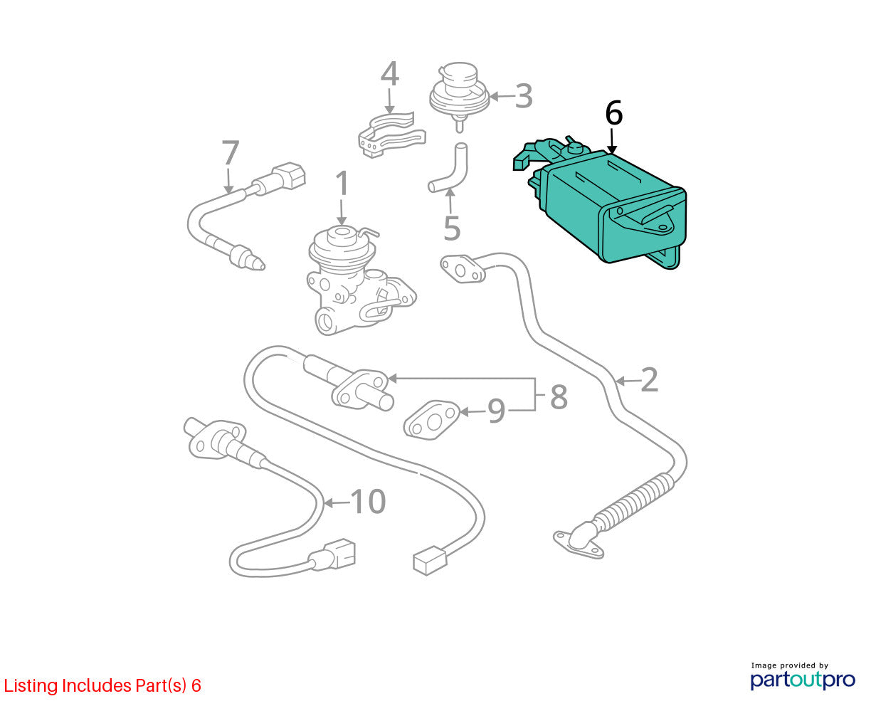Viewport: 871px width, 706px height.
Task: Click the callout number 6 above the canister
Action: pyautogui.click(x=613, y=112)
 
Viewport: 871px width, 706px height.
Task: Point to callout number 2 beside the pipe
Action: pyautogui.click(x=649, y=380)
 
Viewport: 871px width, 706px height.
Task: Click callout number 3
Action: pyautogui.click(x=524, y=96)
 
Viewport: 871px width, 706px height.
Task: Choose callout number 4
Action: pyautogui.click(x=390, y=73)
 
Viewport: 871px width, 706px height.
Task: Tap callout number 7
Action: pyautogui.click(x=231, y=152)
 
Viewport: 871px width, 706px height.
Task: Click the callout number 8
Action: pyautogui.click(x=559, y=396)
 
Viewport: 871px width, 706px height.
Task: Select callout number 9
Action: pyautogui.click(x=496, y=411)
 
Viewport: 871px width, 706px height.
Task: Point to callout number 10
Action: pyautogui.click(x=368, y=501)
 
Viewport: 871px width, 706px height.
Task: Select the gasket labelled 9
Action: pyautogui.click(x=431, y=420)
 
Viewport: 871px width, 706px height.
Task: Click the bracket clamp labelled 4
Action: pyautogui.click(x=392, y=135)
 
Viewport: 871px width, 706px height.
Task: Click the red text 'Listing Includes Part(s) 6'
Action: pyautogui.click(x=102, y=685)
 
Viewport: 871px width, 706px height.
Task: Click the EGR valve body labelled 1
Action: pyautogui.click(x=360, y=283)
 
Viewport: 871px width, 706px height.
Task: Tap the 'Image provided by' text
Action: pyautogui.click(x=789, y=665)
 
